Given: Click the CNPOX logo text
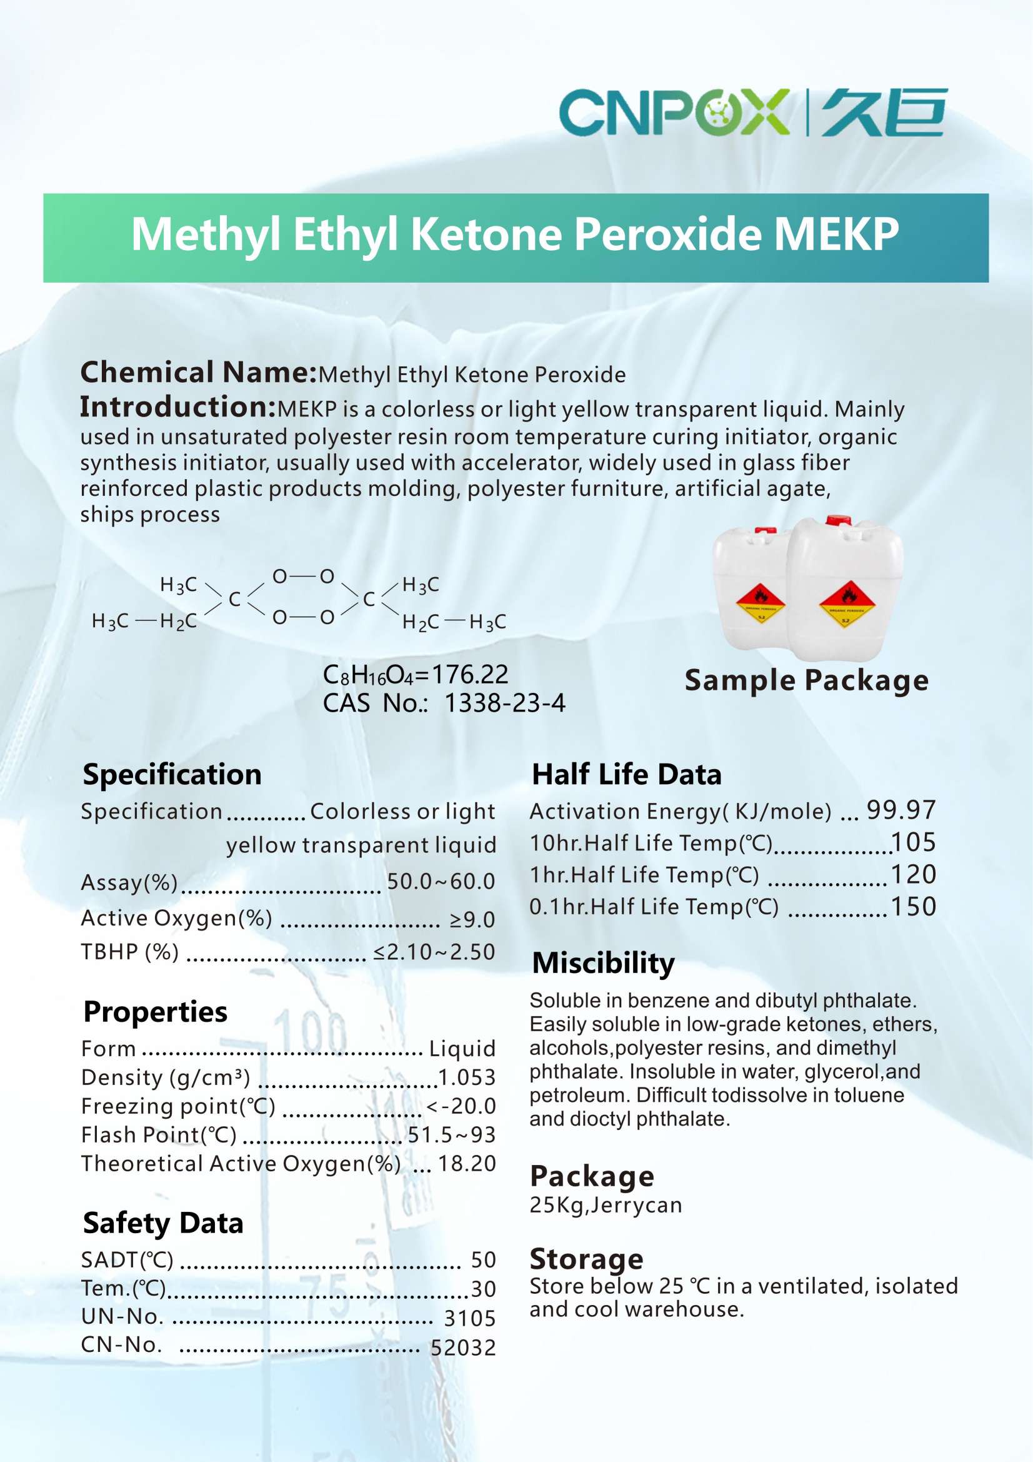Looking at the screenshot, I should (674, 112).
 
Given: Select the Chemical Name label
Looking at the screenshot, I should (198, 373).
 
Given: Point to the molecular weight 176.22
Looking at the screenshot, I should (470, 674).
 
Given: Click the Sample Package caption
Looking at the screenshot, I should (806, 680).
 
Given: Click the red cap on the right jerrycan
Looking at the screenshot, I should (838, 520).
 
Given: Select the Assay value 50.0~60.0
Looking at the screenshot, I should (441, 881).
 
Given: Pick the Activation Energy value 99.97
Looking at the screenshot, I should (901, 810).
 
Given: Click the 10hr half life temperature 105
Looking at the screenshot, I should (914, 842).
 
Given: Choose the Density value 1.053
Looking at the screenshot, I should (467, 1077).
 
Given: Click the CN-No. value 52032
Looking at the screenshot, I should (462, 1348).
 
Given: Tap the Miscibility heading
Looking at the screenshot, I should (603, 963).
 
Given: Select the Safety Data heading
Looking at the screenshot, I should (163, 1223).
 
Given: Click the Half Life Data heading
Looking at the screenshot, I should (626, 774).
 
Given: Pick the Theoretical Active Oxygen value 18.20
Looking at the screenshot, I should (467, 1163).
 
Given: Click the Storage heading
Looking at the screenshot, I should (586, 1259).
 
